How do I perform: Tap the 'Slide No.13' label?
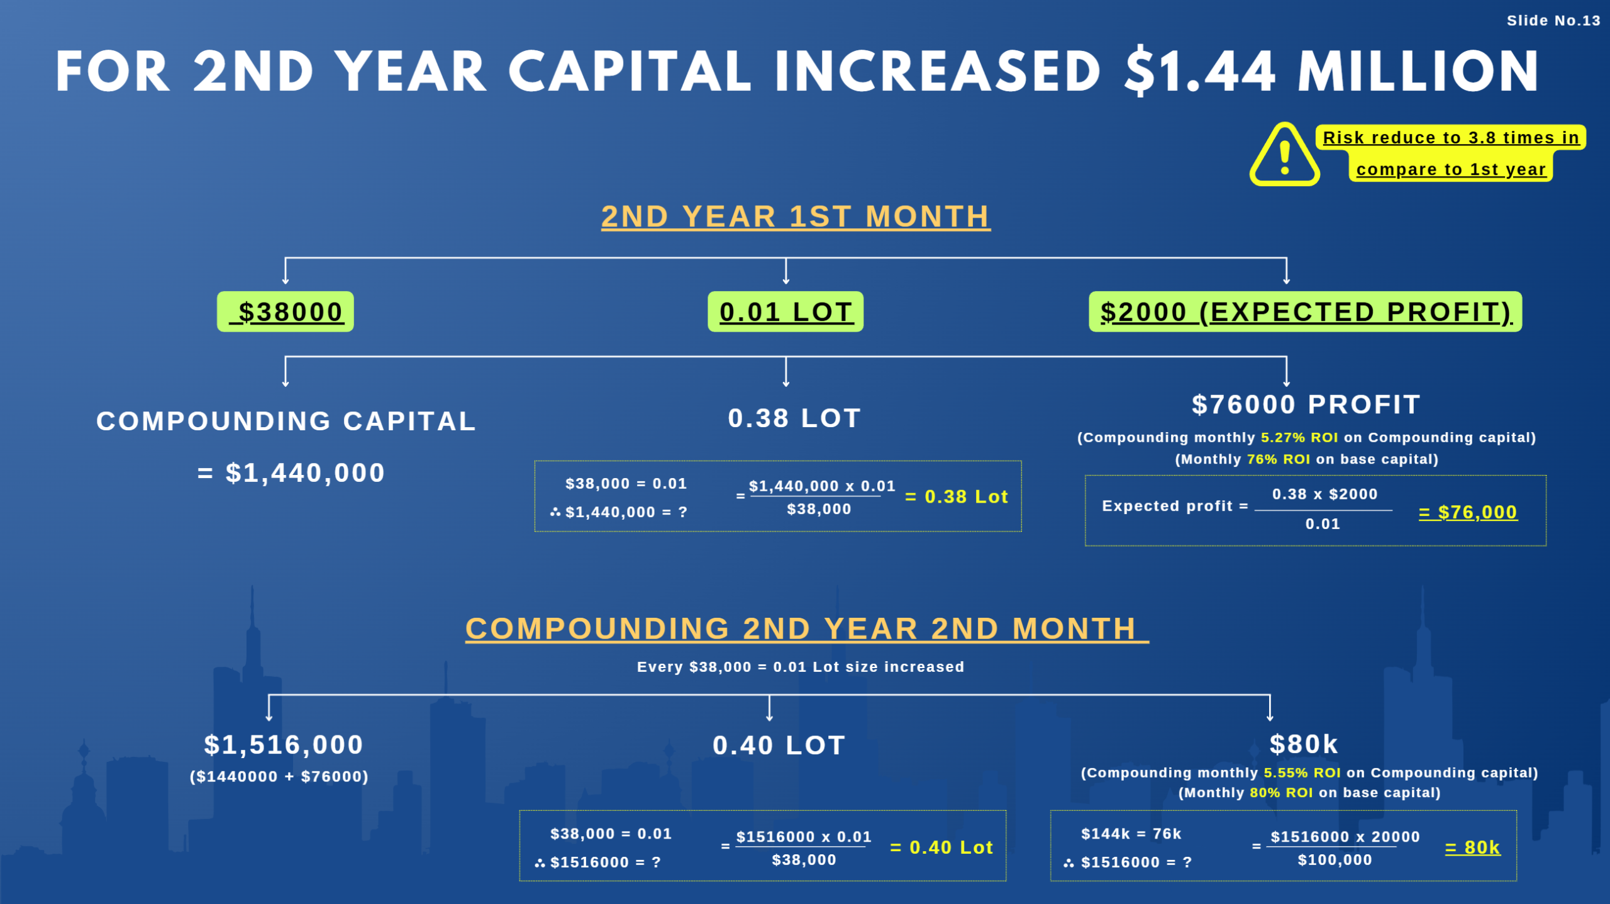pos(1553,21)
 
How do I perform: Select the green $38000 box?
pos(286,312)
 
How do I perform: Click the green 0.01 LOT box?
pos(786,312)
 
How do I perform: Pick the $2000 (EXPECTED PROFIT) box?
pos(1305,312)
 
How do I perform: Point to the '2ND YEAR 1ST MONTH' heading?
pos(796,217)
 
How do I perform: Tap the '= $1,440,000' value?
pos(291,473)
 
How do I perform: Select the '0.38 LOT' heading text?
pos(794,418)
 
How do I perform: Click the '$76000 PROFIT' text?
pos(1306,405)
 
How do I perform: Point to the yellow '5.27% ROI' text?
pos(1299,438)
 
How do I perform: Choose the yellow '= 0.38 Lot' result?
pos(956,497)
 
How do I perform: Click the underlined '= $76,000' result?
pos(1468,513)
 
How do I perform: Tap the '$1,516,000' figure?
pos(284,745)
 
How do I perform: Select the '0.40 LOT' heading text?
pos(779,746)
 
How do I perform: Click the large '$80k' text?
pos(1304,745)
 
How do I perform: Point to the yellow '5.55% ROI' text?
pos(1302,773)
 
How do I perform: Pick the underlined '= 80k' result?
pos(1472,848)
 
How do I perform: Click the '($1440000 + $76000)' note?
pos(279,777)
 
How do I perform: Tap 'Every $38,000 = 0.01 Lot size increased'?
pos(801,667)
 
